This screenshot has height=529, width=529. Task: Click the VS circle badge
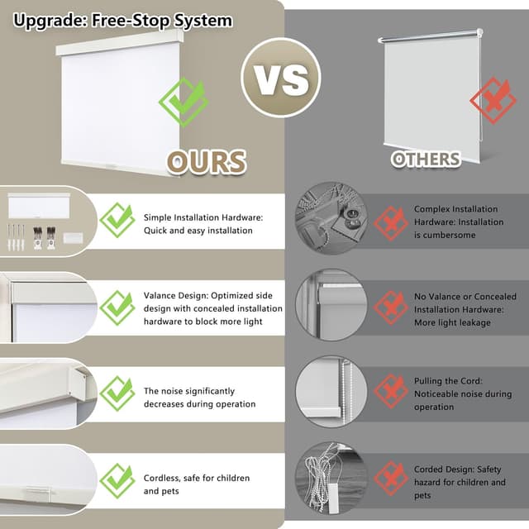tap(280, 78)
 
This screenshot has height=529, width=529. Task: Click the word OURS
tap(207, 162)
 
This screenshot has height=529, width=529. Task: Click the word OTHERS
tap(426, 159)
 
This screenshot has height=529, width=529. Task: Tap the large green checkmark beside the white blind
tap(183, 102)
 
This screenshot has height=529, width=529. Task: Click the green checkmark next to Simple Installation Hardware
tap(117, 221)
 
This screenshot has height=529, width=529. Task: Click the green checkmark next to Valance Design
tap(117, 307)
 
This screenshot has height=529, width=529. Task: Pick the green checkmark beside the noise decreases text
tap(117, 394)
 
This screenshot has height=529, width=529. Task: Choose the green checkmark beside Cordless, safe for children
tap(117, 481)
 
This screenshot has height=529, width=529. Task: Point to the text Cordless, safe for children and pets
tap(197, 484)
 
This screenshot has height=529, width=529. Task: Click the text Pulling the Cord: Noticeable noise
tap(463, 393)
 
